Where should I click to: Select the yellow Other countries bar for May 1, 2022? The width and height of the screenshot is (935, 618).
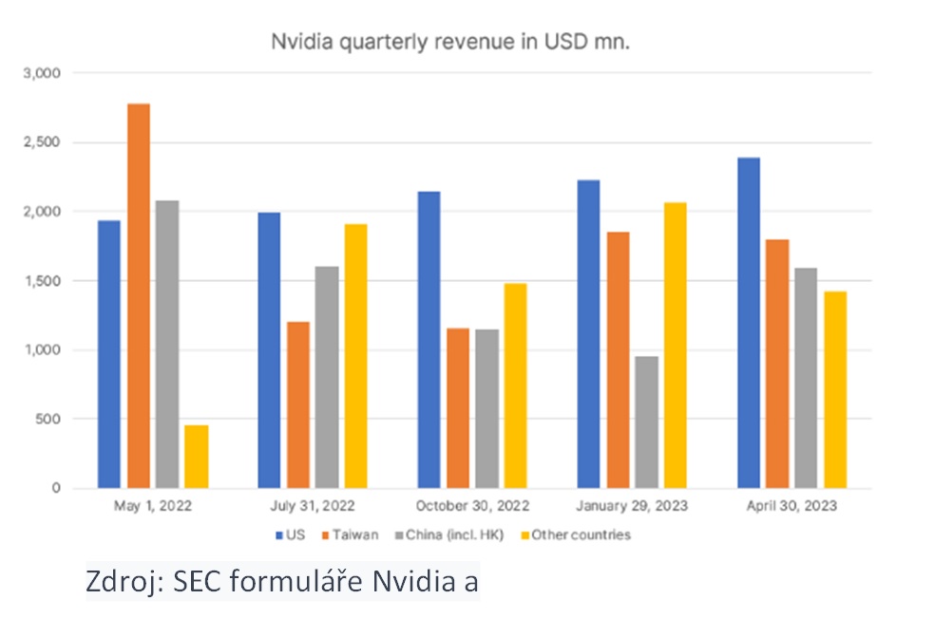click(197, 457)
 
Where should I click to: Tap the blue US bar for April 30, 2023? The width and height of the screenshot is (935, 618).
click(748, 323)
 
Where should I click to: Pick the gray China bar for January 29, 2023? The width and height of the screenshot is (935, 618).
click(646, 422)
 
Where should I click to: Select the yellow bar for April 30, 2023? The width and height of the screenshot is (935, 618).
click(834, 390)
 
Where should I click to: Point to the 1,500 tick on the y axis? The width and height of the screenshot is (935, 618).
click(44, 281)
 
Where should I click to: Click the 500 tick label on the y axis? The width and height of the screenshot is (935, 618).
click(49, 420)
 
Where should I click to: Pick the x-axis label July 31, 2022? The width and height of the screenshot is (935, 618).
click(312, 506)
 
